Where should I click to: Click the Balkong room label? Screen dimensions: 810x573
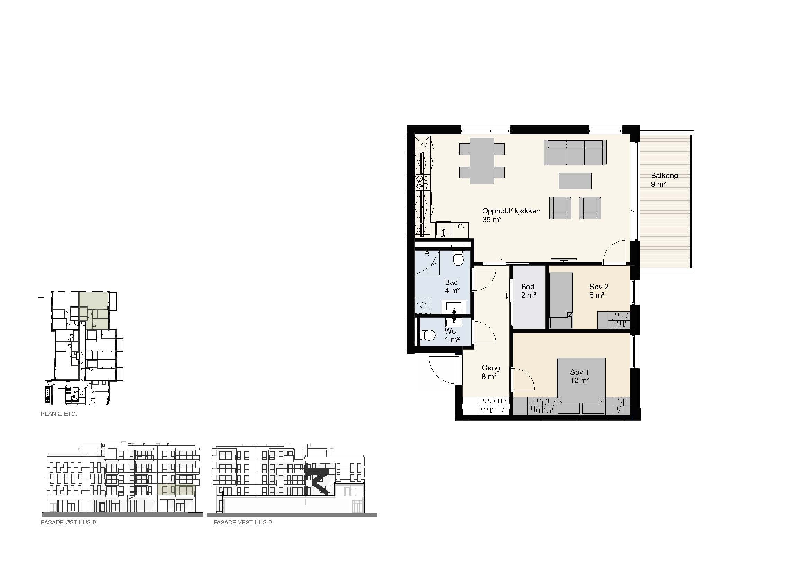click(x=664, y=175)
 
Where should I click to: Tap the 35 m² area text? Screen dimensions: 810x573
click(x=492, y=219)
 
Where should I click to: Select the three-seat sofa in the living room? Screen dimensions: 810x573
click(x=575, y=152)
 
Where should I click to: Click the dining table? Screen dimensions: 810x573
click(x=482, y=160)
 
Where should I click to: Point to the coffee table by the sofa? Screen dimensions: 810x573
click(x=575, y=180)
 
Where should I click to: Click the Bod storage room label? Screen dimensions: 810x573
click(x=527, y=287)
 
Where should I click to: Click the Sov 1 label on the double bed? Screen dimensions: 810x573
click(x=579, y=372)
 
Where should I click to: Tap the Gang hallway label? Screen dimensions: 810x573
click(x=491, y=368)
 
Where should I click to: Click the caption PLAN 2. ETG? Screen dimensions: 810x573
click(x=59, y=414)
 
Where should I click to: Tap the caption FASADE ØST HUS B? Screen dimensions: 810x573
click(x=69, y=522)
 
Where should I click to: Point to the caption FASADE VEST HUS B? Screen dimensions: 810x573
click(x=243, y=522)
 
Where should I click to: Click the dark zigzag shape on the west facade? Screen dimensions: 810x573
click(x=319, y=482)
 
